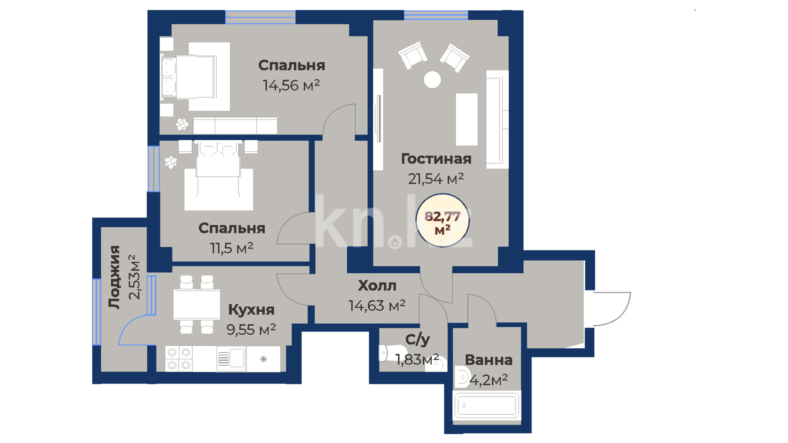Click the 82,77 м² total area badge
coord(442,221)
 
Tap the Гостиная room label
coord(436,159)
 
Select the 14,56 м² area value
coord(291,85)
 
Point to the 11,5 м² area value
coord(231,248)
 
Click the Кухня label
coord(251,310)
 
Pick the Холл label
coord(377,285)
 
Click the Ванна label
coord(488,360)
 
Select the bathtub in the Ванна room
coord(487,406)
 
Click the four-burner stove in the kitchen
coord(179,359)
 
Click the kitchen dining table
coord(197,304)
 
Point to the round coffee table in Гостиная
coord(432,80)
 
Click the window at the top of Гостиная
coord(436,15)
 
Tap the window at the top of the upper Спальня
coord(260,17)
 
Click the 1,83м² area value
coord(417,359)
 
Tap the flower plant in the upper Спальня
coord(182,124)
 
